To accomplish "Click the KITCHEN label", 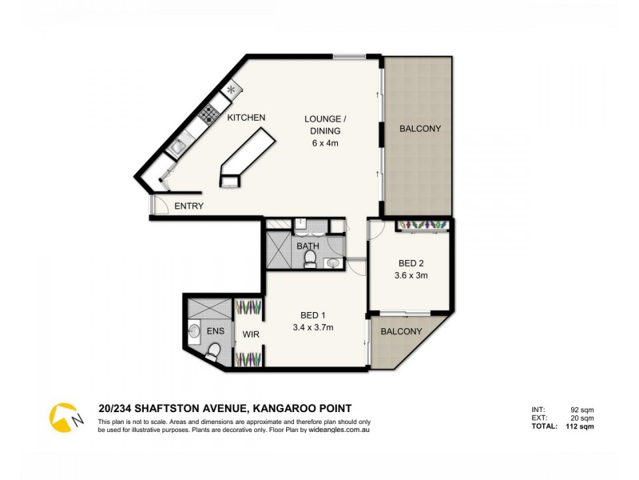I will tap(246, 118).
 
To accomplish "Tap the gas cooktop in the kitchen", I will tap(208, 114).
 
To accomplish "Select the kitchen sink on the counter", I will tap(177, 146).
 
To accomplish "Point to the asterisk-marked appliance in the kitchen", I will tap(232, 89).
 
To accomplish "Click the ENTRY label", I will tap(189, 206).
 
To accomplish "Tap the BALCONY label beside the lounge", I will tap(419, 128).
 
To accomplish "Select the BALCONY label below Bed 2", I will tap(400, 331).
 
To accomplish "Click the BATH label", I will tap(308, 246).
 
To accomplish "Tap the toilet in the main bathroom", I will tap(312, 260).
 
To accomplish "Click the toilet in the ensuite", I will tap(213, 350).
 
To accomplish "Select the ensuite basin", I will tap(194, 329).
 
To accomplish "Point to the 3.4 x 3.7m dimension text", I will tap(313, 327).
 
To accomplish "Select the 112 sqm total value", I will tap(579, 426).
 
